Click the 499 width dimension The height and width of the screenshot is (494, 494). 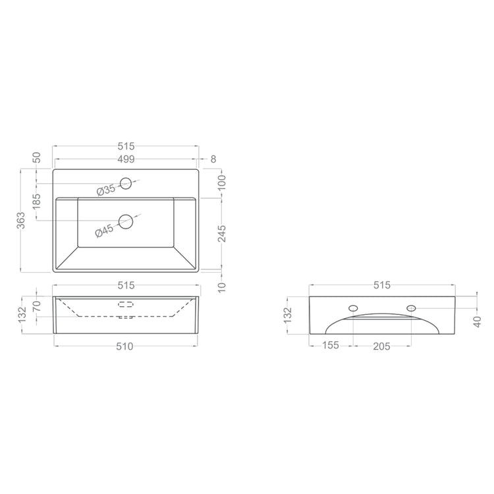(126, 159)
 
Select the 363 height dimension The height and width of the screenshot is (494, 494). (21, 221)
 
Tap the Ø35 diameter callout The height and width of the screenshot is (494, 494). (106, 190)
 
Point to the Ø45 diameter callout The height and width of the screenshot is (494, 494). (104, 231)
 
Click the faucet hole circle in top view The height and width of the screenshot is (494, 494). (126, 183)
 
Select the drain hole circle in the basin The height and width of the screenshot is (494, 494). (126, 221)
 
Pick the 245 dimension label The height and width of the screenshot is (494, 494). (222, 233)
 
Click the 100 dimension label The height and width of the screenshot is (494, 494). (222, 182)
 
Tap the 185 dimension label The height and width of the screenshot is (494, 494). (36, 202)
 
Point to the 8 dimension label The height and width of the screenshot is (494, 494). (213, 159)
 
